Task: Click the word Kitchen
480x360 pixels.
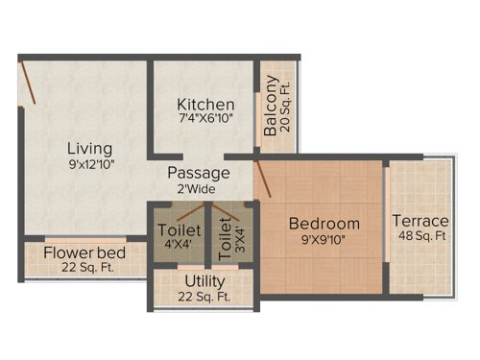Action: coord(205,104)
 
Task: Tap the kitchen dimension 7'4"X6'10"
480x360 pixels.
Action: coord(204,120)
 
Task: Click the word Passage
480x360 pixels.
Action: coord(199,173)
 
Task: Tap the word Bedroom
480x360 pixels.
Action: coord(324,224)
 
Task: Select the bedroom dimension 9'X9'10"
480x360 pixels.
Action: coord(324,240)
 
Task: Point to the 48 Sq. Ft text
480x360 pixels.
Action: coord(421,237)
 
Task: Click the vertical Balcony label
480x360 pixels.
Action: coord(272,108)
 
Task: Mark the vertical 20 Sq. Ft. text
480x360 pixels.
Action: coord(285,108)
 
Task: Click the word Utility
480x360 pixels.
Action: coord(204,280)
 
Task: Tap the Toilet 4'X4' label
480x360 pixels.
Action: coord(179,237)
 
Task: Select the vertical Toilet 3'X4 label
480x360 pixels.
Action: coord(225,237)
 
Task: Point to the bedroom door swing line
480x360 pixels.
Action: coord(264,179)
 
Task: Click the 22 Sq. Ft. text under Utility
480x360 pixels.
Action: coord(204,297)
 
